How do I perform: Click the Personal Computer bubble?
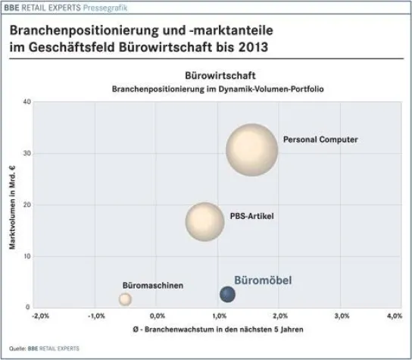coord(251,149)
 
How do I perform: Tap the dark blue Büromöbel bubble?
coord(227,294)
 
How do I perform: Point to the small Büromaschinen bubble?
coord(125,299)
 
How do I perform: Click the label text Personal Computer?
coord(320,139)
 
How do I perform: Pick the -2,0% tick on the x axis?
coord(40,315)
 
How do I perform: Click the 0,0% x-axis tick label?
coord(157,315)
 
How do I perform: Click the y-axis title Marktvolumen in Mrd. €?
coord(12,205)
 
